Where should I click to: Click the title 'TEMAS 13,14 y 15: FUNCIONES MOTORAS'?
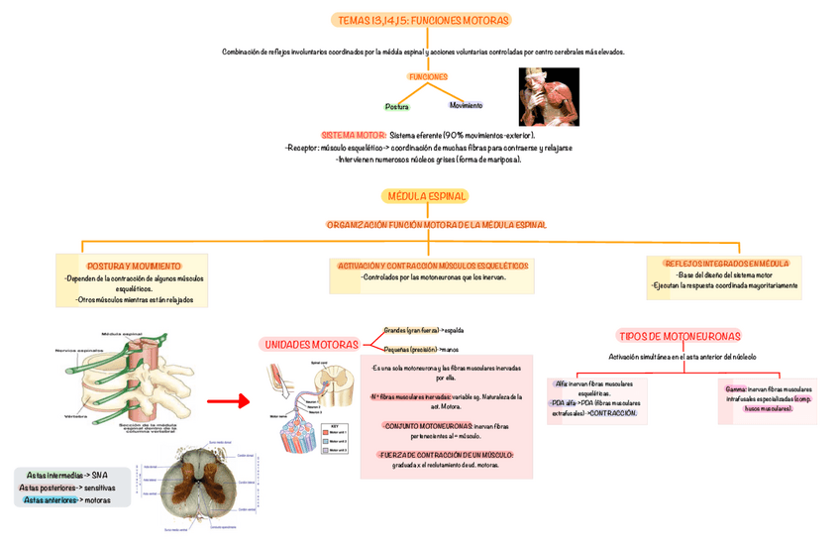click(424, 20)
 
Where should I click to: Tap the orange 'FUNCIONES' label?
click(428, 76)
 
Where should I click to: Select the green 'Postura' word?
click(395, 106)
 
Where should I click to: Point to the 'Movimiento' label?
click(465, 105)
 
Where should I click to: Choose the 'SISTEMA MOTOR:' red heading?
click(353, 135)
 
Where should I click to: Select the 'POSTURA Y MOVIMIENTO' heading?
click(134, 267)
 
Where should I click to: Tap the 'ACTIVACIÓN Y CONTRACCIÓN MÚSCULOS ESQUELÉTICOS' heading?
click(433, 266)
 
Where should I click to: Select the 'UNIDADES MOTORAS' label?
click(311, 344)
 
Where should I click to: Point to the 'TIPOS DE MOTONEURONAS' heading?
click(679, 336)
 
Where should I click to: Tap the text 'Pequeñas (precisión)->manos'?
click(421, 350)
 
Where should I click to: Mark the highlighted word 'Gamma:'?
click(735, 389)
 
